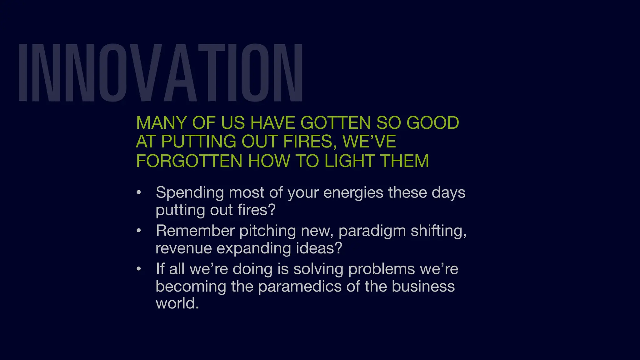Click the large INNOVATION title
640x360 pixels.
pyautogui.click(x=160, y=72)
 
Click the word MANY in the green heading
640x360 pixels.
pyautogui.click(x=161, y=122)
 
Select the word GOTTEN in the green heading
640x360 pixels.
pyautogui.click(x=335, y=122)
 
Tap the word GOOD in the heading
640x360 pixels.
pyautogui.click(x=432, y=122)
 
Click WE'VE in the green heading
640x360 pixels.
pyautogui.click(x=369, y=142)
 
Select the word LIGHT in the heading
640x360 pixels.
pyautogui.click(x=350, y=161)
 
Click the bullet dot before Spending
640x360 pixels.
pyautogui.click(x=139, y=192)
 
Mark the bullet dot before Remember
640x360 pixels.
pyautogui.click(x=139, y=231)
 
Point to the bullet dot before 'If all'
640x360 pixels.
pyautogui.click(x=139, y=269)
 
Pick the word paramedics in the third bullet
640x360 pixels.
pyautogui.click(x=300, y=287)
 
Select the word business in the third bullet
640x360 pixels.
pyautogui.click(x=423, y=287)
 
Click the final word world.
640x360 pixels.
pyautogui.click(x=177, y=303)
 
